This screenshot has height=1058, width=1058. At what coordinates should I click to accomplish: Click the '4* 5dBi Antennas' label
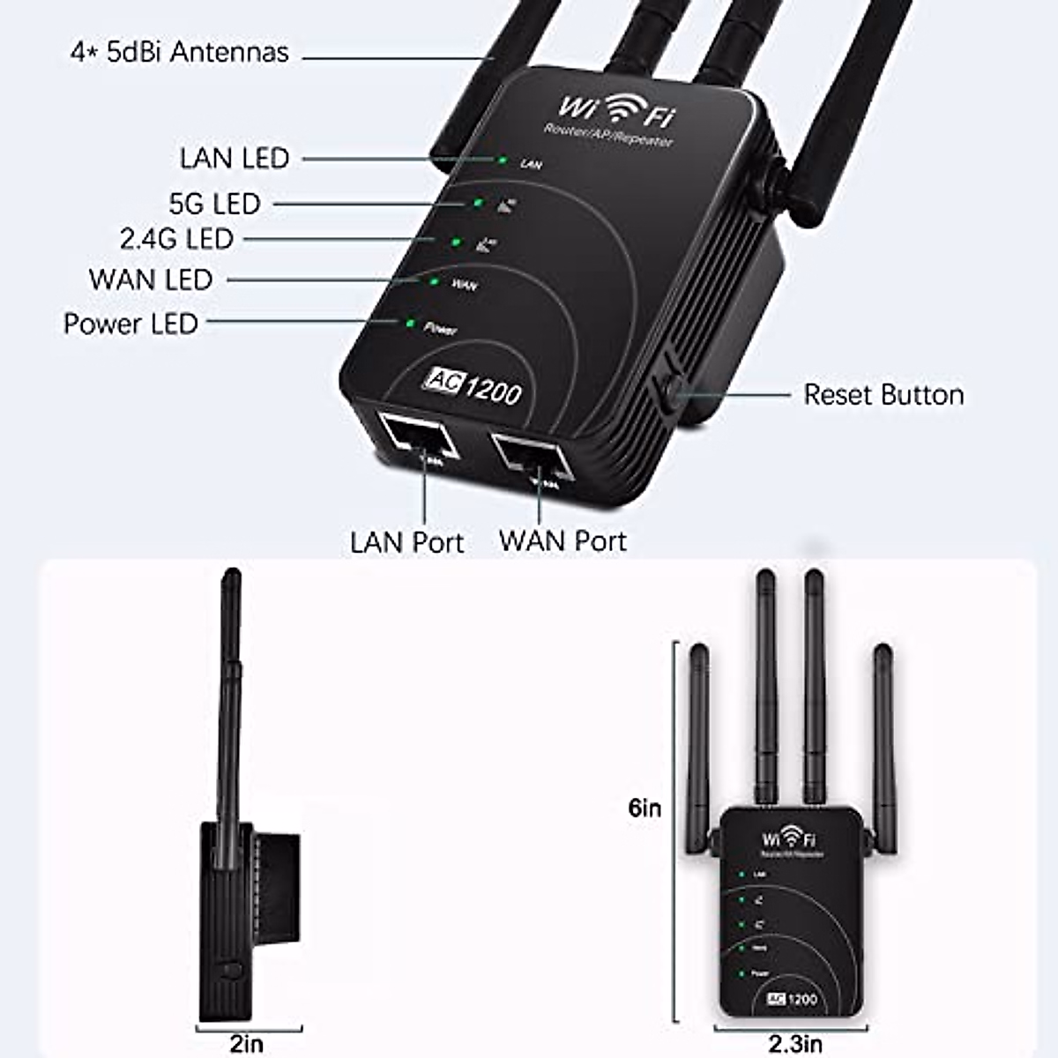click(180, 52)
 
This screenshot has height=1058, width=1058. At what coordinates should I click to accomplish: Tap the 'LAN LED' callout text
click(235, 159)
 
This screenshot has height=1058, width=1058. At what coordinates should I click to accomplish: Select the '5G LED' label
click(215, 204)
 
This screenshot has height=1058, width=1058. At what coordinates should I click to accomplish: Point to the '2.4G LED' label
click(176, 239)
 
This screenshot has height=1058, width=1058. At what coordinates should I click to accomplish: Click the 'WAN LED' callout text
click(151, 279)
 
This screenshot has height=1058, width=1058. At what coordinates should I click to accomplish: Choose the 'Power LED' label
click(130, 324)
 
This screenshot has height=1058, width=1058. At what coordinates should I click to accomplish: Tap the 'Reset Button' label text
click(883, 394)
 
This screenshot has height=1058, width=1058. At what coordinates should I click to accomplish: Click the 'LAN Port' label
click(406, 541)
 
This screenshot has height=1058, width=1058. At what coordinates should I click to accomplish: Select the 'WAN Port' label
click(563, 540)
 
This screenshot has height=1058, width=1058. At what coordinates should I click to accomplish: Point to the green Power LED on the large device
click(410, 324)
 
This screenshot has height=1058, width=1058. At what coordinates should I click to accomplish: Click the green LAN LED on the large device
click(502, 160)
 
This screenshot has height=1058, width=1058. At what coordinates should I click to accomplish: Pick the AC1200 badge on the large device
click(473, 384)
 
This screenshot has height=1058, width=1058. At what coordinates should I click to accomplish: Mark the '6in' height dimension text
click(645, 808)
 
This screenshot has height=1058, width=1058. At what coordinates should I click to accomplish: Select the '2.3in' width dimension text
click(795, 1045)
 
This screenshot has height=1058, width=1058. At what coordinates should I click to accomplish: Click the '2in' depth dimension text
click(247, 1044)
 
